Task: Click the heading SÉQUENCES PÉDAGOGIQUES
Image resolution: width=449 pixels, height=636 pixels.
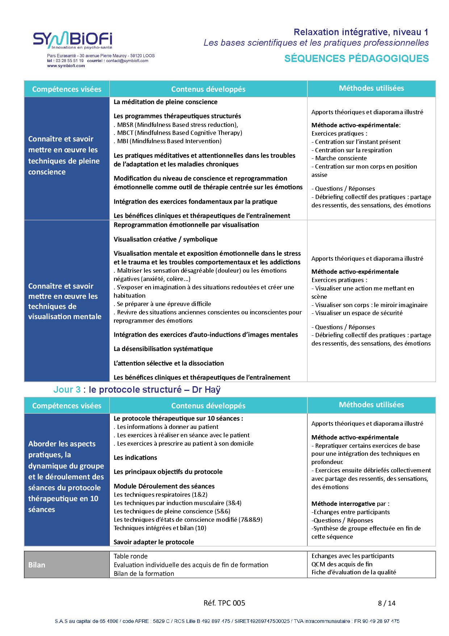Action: pos(356,58)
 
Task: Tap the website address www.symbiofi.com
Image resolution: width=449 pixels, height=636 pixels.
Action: pos(66,66)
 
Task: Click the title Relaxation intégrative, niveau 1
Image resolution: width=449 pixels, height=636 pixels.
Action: pos(361,32)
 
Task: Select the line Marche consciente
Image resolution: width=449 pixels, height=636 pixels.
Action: pos(340,158)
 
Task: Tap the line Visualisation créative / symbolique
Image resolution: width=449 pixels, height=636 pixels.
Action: pos(165,239)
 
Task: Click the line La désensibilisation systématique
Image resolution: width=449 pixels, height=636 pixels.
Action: pos(163,349)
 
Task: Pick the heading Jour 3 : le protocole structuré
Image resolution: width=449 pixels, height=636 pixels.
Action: pos(137,390)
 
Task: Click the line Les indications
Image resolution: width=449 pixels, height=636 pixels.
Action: pos(135,458)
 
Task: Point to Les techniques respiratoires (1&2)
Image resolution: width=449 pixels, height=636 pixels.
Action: pos(160,495)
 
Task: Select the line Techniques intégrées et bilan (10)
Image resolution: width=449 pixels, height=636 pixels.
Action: pos(160,528)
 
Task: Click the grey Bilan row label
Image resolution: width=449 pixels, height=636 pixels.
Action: pos(37,565)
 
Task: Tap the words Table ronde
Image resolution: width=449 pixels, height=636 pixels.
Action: pos(130,556)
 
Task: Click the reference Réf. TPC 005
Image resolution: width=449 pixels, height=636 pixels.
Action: pos(224,603)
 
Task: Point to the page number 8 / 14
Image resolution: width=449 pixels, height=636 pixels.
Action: pos(386,603)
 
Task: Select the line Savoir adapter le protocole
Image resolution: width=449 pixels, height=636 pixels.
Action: pos(154,542)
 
